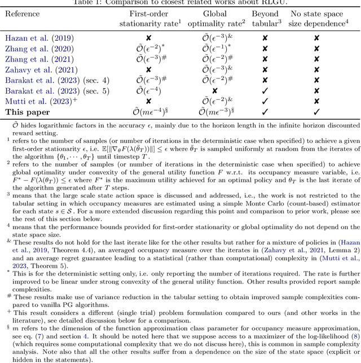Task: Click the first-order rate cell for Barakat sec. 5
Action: click(148, 90)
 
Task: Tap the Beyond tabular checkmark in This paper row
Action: click(265, 112)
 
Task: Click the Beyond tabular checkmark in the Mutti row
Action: click(265, 101)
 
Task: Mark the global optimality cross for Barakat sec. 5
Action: click(206, 90)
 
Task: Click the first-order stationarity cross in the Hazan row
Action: click(148, 38)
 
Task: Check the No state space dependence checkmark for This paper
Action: click(316, 112)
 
